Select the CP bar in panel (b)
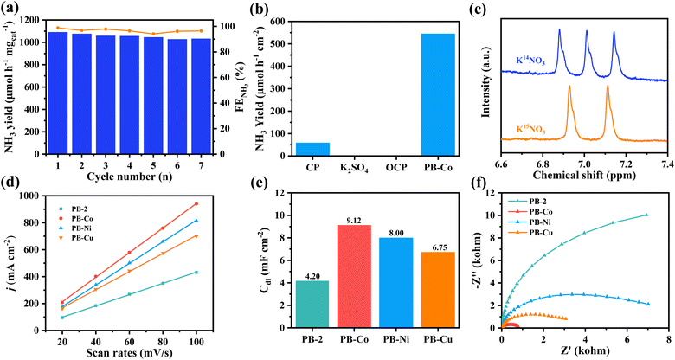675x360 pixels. click(x=312, y=148)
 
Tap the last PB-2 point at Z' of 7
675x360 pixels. click(x=646, y=215)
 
